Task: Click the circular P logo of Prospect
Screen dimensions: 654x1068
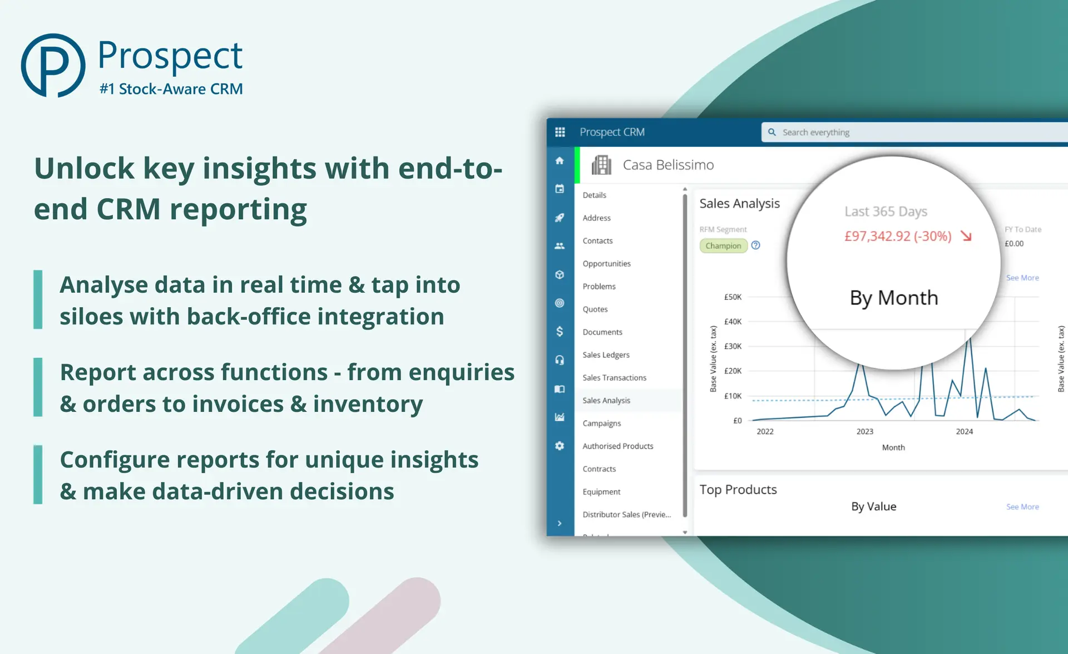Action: tap(53, 66)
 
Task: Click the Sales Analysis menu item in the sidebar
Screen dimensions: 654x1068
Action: tap(606, 400)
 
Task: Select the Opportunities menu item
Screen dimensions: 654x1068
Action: tap(606, 263)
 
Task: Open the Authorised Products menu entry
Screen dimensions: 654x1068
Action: tap(617, 446)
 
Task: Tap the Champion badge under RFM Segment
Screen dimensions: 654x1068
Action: tap(723, 245)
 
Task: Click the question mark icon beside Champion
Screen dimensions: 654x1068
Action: tap(755, 245)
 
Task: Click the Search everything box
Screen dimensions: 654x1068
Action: tap(912, 132)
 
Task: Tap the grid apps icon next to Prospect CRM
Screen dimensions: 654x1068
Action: tap(560, 132)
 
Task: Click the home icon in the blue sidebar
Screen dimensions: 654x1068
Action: tap(560, 161)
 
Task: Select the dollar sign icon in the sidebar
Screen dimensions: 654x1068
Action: tap(560, 332)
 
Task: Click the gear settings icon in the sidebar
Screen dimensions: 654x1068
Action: tap(560, 446)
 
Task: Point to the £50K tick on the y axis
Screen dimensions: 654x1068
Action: tap(733, 297)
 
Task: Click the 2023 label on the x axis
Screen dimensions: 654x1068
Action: tap(864, 431)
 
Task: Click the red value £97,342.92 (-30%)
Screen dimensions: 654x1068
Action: tap(897, 236)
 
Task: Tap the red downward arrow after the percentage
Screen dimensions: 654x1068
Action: tap(966, 236)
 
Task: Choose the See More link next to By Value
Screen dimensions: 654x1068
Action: tap(1022, 507)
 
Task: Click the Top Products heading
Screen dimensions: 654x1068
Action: tap(738, 489)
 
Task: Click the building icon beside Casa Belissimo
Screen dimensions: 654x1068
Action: tap(601, 165)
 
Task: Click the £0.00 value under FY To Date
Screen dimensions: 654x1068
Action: tap(1013, 243)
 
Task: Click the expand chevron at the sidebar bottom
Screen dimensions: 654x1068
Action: tap(560, 523)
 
